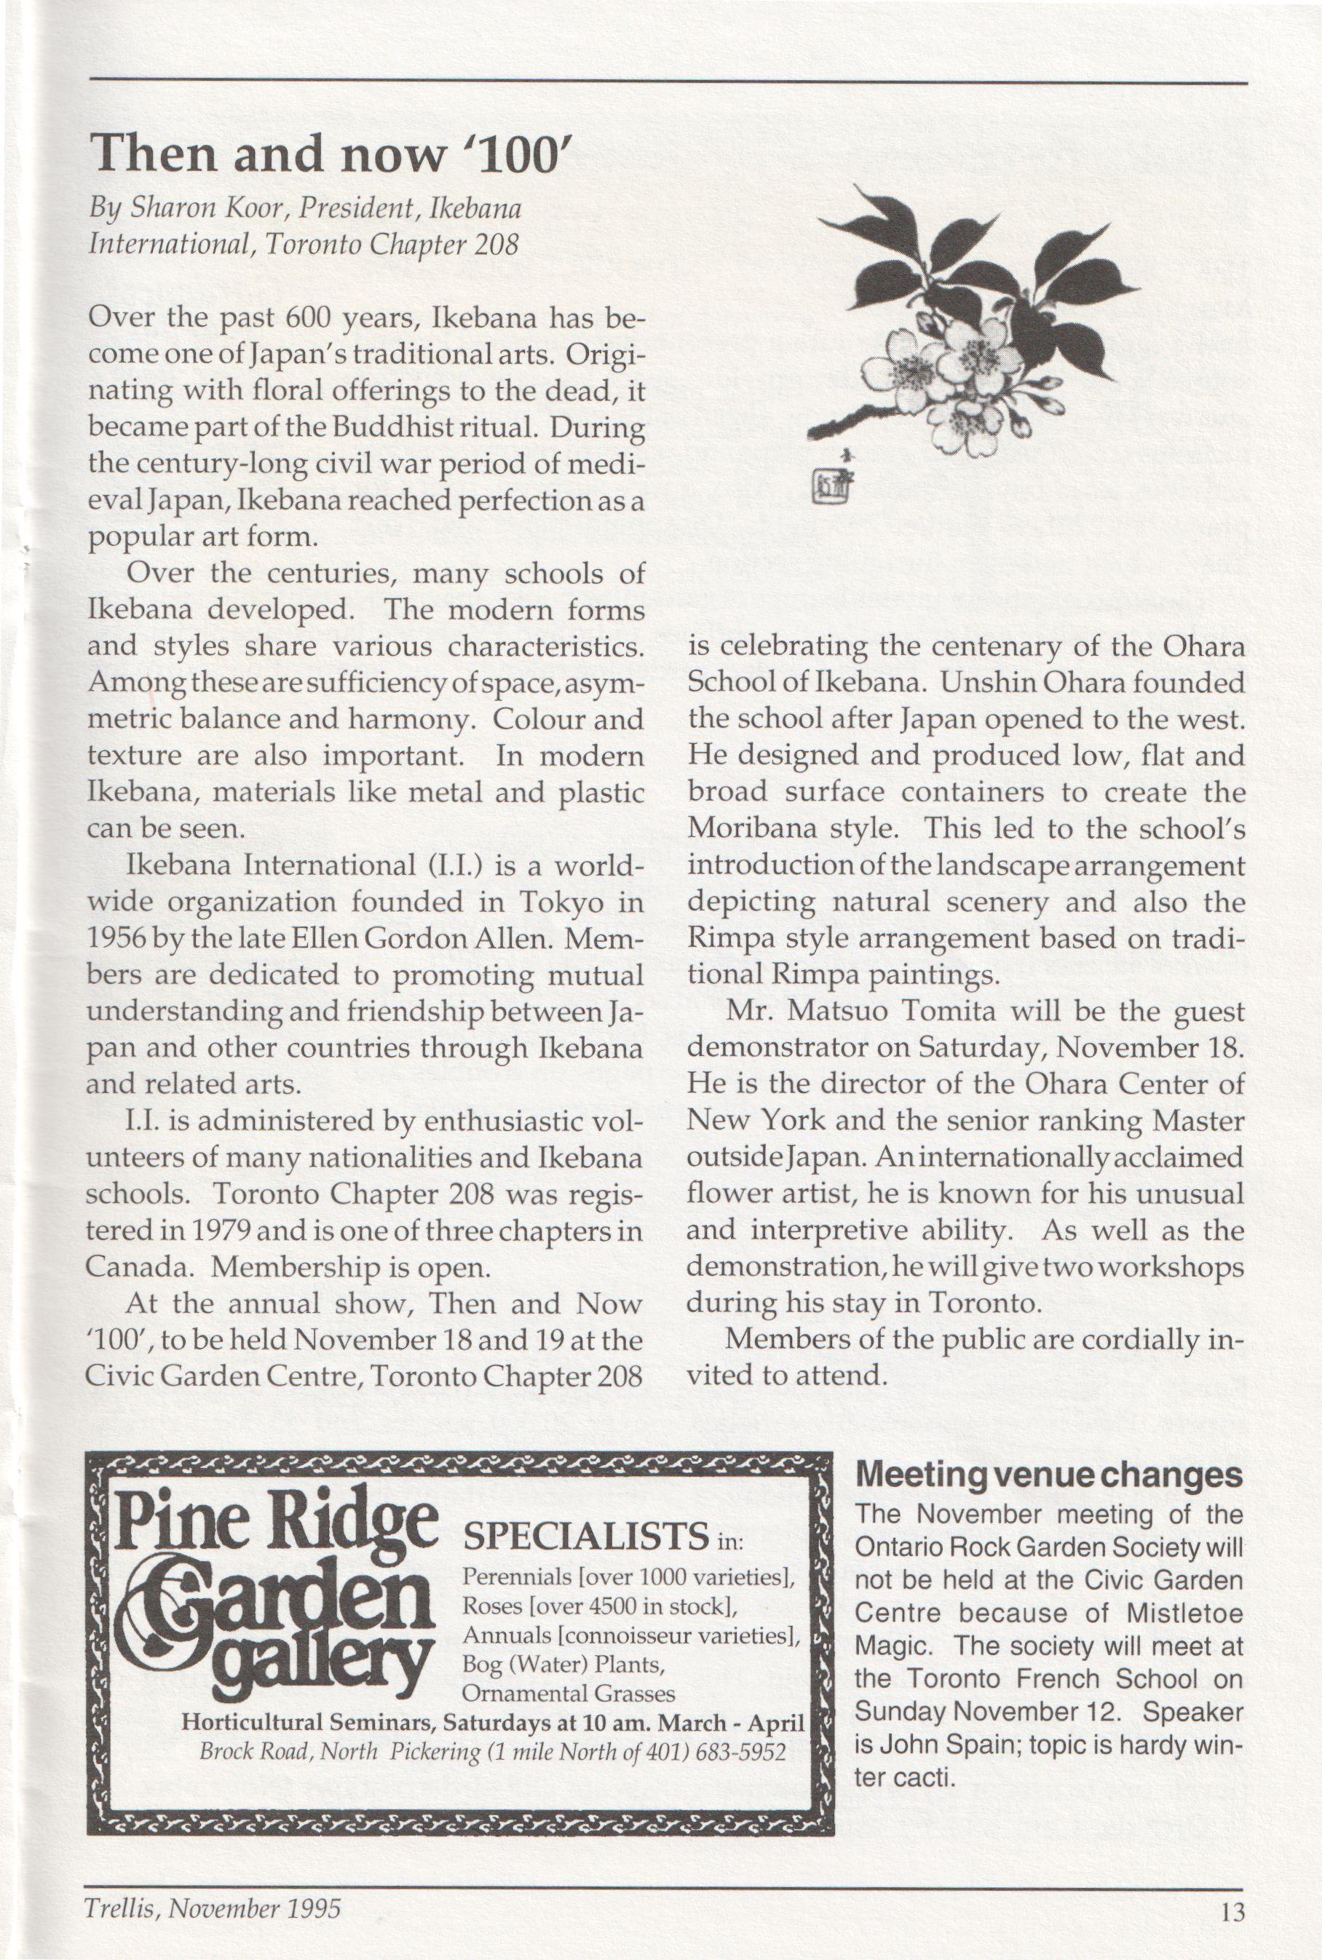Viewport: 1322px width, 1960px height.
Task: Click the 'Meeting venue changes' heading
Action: click(x=1049, y=1475)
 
